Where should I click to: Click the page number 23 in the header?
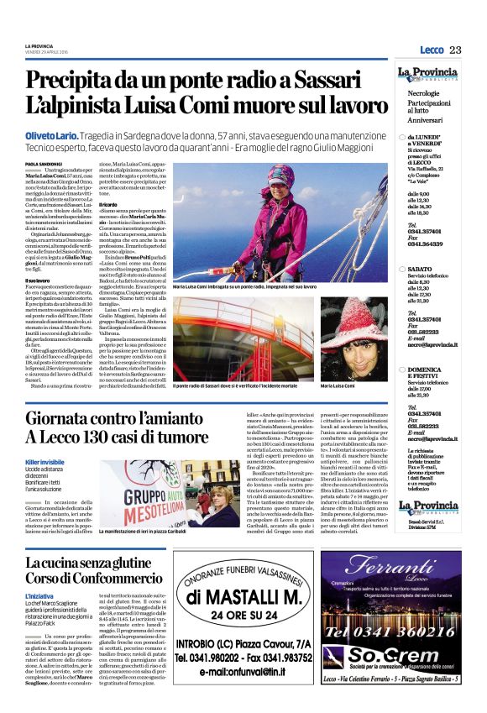456,50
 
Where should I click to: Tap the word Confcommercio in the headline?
123,578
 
